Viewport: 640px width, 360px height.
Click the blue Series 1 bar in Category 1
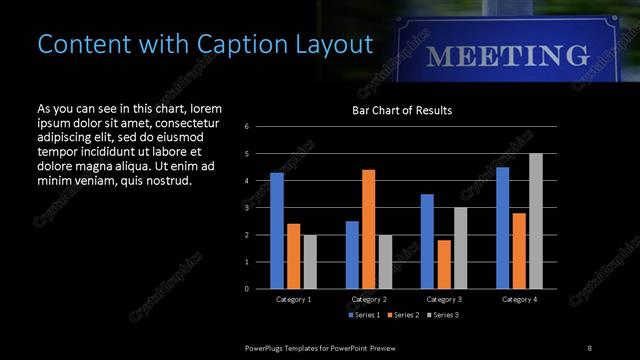coord(277,231)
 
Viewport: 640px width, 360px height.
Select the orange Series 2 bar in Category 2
coord(369,229)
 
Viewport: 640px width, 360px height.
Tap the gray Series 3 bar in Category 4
coord(536,221)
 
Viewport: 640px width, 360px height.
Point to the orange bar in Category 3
coord(444,264)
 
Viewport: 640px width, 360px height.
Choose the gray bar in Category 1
coord(310,261)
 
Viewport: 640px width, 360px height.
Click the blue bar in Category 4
coord(502,228)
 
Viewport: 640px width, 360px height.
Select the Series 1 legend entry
coord(363,315)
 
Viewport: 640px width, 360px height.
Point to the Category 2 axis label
coord(369,299)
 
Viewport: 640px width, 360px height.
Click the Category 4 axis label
coord(519,299)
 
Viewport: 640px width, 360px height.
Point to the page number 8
coord(590,347)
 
